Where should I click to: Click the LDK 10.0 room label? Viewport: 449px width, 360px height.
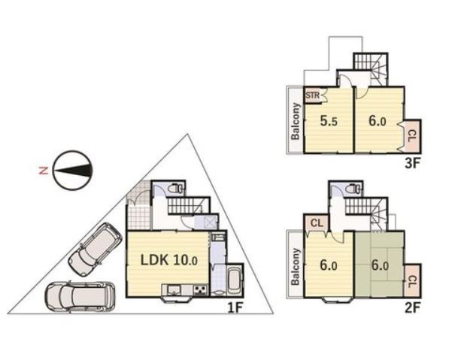tap(169, 260)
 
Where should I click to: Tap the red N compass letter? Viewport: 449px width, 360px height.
tap(43, 171)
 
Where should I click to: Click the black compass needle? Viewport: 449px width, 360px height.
tap(74, 171)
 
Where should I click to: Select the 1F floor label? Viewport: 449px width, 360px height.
tap(235, 308)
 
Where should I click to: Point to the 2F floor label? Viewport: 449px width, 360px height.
tap(412, 308)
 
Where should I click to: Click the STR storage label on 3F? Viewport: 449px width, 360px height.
tap(312, 95)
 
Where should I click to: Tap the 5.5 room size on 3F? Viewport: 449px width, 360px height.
tap(329, 121)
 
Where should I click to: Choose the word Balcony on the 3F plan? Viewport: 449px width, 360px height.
tap(296, 121)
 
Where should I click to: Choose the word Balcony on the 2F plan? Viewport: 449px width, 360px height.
tap(296, 267)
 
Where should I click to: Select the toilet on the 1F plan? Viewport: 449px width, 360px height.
tap(175, 189)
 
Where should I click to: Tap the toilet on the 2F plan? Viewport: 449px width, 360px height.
tap(352, 189)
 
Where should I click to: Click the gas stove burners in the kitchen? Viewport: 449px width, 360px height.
tap(201, 290)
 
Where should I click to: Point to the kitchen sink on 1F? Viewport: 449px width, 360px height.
tap(173, 290)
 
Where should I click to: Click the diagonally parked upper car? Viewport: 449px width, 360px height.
tap(95, 250)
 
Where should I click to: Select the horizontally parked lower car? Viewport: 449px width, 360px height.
tap(80, 297)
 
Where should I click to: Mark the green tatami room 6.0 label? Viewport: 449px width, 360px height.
tap(380, 265)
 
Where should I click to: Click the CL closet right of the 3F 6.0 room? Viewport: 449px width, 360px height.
tap(411, 136)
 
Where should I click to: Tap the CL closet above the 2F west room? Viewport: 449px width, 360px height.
tap(317, 223)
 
